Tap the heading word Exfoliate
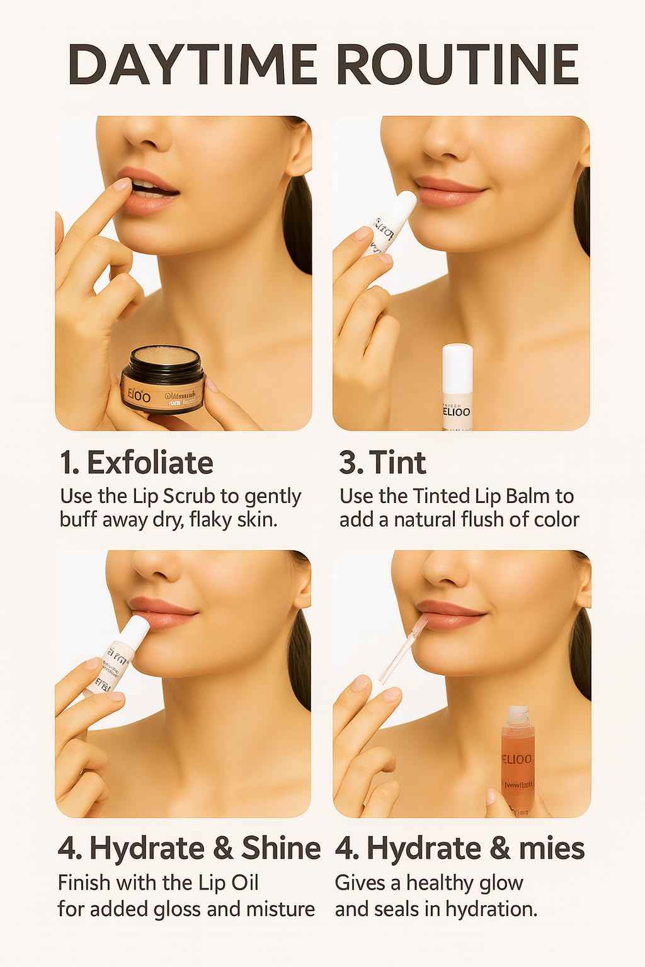(150, 463)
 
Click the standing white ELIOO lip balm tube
(457, 387)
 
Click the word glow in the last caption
(502, 883)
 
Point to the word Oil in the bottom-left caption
(244, 883)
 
